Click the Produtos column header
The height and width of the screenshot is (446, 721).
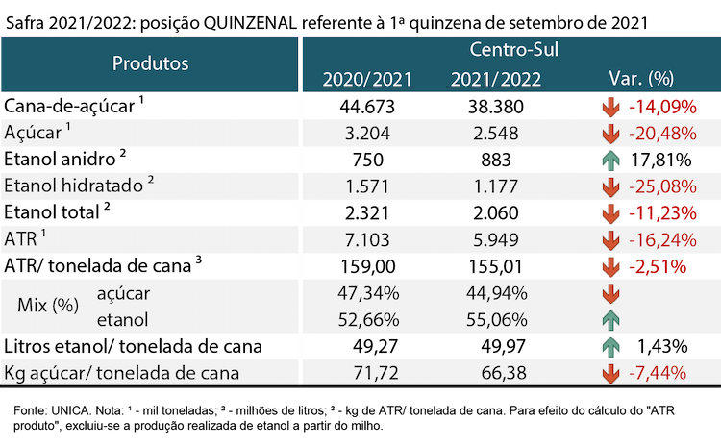(150, 63)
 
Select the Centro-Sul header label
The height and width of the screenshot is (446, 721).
(513, 49)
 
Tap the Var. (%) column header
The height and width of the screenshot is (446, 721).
(641, 79)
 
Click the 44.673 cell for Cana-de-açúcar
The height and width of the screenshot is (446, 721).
(367, 107)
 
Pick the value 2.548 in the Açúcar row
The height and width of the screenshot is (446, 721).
(496, 134)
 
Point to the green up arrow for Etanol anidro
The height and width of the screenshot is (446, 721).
(610, 161)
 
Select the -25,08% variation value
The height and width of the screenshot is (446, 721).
(662, 186)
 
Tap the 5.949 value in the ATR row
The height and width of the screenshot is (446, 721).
(496, 240)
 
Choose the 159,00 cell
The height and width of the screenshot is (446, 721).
(367, 266)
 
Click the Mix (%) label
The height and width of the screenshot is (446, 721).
(48, 306)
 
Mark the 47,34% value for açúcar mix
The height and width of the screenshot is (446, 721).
(368, 293)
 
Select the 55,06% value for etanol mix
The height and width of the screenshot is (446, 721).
(497, 320)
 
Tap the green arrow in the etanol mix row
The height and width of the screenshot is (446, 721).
(610, 320)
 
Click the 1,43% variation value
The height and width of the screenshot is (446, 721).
(662, 347)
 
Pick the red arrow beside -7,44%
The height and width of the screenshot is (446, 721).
(610, 373)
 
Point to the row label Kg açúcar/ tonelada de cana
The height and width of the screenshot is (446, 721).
(121, 373)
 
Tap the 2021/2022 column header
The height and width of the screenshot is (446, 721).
(496, 80)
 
